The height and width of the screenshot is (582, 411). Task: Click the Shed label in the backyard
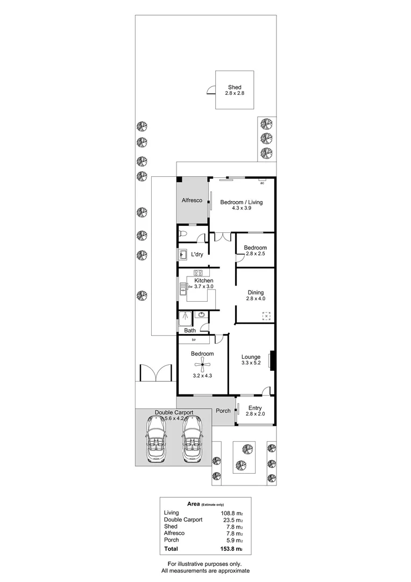[x=234, y=87]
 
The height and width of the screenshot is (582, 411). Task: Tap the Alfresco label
[x=192, y=200]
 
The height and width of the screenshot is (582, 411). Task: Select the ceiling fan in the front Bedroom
[x=203, y=365]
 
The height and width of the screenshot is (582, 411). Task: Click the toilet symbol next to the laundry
[x=184, y=234]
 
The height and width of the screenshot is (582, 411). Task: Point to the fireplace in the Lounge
[x=272, y=361]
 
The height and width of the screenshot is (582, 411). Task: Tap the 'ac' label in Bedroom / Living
[x=263, y=183]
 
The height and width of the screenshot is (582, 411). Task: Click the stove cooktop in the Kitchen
[x=197, y=273]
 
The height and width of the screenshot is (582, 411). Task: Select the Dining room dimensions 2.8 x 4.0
[x=256, y=299]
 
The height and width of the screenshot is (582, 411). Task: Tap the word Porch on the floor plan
[x=223, y=411]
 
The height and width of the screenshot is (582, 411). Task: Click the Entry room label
[x=256, y=407]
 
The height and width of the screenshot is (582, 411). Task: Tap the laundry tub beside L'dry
[x=182, y=254]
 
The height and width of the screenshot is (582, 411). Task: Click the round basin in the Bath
[x=201, y=315]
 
